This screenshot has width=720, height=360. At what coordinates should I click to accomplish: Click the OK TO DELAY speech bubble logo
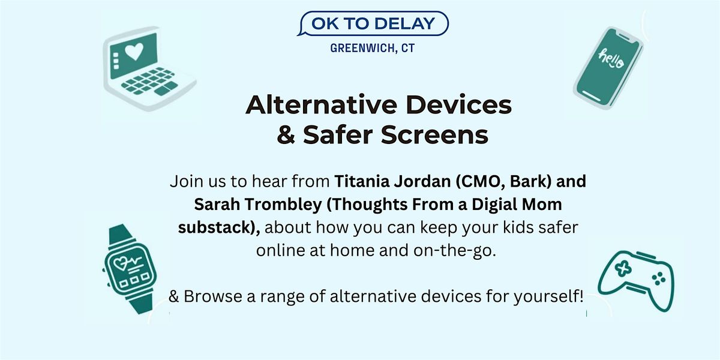373,23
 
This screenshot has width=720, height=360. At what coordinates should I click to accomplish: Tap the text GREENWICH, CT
373,48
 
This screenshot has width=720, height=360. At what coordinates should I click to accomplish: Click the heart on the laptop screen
134,52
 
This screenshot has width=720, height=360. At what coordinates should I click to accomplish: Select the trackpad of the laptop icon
166,88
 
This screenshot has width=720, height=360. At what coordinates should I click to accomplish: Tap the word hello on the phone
611,59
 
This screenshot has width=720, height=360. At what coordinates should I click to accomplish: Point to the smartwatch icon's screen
130,269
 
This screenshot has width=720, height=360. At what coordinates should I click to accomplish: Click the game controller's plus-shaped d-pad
623,268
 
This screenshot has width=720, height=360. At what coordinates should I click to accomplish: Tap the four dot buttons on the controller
658,279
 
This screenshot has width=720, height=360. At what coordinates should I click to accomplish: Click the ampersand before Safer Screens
286,134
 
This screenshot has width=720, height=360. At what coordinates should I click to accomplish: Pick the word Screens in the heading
434,134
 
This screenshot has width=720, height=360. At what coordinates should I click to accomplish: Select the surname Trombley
283,205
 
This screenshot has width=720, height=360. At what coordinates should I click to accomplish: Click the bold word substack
215,227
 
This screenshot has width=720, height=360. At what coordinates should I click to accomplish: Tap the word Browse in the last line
213,296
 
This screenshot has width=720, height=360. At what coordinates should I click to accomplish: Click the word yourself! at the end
548,296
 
